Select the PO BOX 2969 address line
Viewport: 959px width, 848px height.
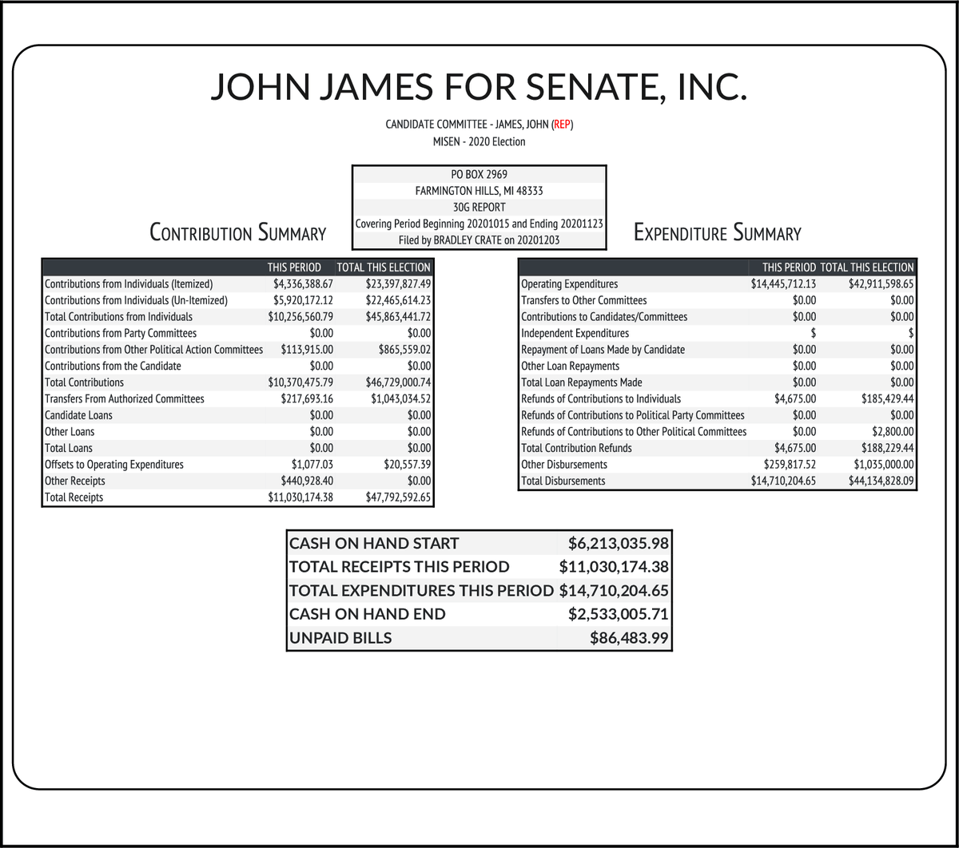[479, 174]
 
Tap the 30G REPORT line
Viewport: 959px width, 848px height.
[479, 208]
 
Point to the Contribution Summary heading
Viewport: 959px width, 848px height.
[238, 233]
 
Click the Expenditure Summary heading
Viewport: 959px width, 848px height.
[717, 233]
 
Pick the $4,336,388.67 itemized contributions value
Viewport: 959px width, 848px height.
[300, 283]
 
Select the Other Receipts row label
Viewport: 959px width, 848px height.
[75, 481]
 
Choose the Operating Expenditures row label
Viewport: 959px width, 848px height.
[569, 283]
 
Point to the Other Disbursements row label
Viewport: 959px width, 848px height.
[564, 464]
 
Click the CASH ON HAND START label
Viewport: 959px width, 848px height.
[374, 544]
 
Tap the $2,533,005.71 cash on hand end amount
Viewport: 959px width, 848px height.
[618, 614]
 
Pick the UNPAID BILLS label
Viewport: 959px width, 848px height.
[340, 638]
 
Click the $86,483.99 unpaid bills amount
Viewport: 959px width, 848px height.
[629, 638]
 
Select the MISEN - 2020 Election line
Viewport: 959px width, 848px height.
[479, 141]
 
